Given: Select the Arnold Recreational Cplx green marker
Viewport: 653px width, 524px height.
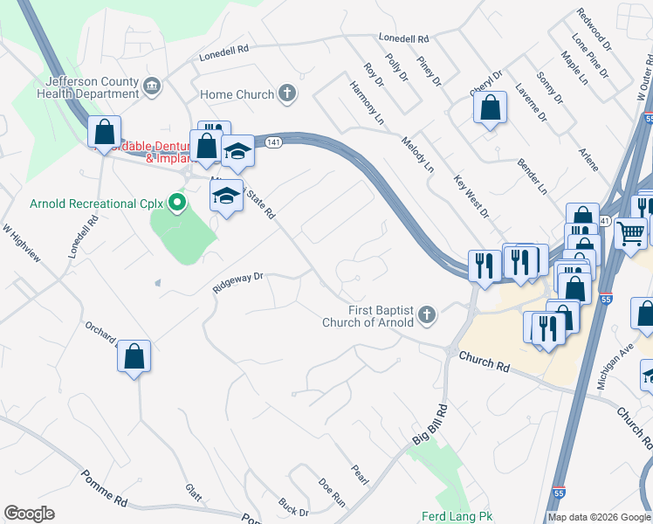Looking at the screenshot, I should click(178, 203).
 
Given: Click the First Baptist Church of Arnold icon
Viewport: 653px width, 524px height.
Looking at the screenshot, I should click(426, 314).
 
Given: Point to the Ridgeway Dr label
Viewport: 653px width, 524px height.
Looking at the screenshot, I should click(237, 282).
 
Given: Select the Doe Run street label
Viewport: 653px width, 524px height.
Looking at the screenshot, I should click(333, 493).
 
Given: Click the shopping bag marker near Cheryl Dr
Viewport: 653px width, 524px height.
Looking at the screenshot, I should click(491, 108).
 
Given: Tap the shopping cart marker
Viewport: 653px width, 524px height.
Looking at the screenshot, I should click(630, 233).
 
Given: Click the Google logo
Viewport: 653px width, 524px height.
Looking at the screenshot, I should click(29, 514).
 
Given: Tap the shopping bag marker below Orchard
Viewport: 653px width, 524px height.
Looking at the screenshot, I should click(134, 356).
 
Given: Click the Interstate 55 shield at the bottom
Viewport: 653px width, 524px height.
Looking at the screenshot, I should click(560, 493).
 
